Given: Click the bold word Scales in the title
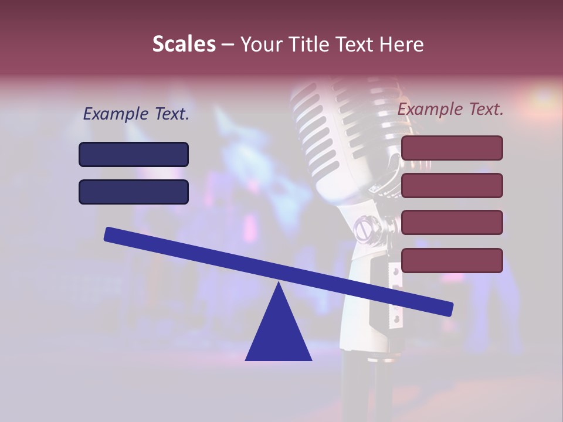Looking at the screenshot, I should (184, 44).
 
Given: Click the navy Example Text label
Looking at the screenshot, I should (136, 114).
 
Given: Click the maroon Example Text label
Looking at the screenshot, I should (450, 109).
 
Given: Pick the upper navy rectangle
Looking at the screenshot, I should (134, 154).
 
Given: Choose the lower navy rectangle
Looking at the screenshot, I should (134, 192).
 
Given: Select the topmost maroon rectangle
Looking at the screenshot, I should (452, 148).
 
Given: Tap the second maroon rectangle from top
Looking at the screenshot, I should (452, 185).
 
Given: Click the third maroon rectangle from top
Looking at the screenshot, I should (452, 223).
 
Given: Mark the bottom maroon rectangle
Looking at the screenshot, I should (452, 260).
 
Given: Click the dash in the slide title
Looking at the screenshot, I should (228, 45).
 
